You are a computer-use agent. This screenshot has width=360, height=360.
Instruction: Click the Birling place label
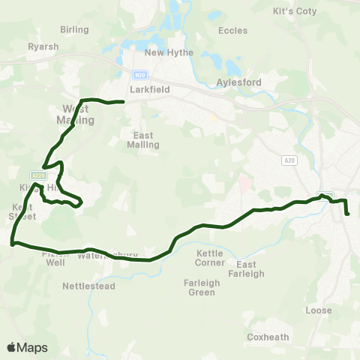click(75, 29)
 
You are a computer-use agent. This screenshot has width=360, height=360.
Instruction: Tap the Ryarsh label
click(43, 46)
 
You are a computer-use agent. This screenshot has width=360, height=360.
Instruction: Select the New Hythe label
click(169, 52)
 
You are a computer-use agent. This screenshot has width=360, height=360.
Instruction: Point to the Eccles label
click(232, 31)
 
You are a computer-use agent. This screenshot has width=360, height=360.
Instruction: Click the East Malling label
click(145, 139)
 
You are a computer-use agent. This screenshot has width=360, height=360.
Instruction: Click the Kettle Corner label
click(211, 259)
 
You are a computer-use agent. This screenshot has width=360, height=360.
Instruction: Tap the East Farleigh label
click(250, 269)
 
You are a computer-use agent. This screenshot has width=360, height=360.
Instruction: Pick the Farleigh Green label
click(200, 287)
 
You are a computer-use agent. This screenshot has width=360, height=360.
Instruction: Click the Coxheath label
click(268, 337)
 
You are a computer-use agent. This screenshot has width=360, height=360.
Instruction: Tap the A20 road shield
click(289, 160)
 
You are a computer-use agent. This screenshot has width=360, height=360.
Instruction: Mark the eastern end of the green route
click(348, 214)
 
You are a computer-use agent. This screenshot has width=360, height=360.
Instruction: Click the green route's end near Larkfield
click(122, 101)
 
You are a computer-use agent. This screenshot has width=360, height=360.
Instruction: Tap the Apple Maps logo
click(28, 347)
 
